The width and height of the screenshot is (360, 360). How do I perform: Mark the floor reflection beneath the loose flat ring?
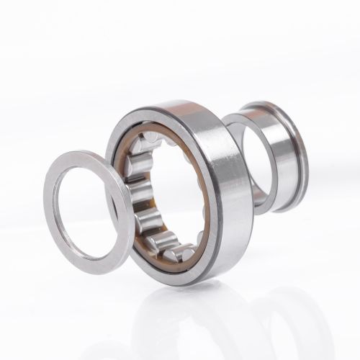coord(86,302)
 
